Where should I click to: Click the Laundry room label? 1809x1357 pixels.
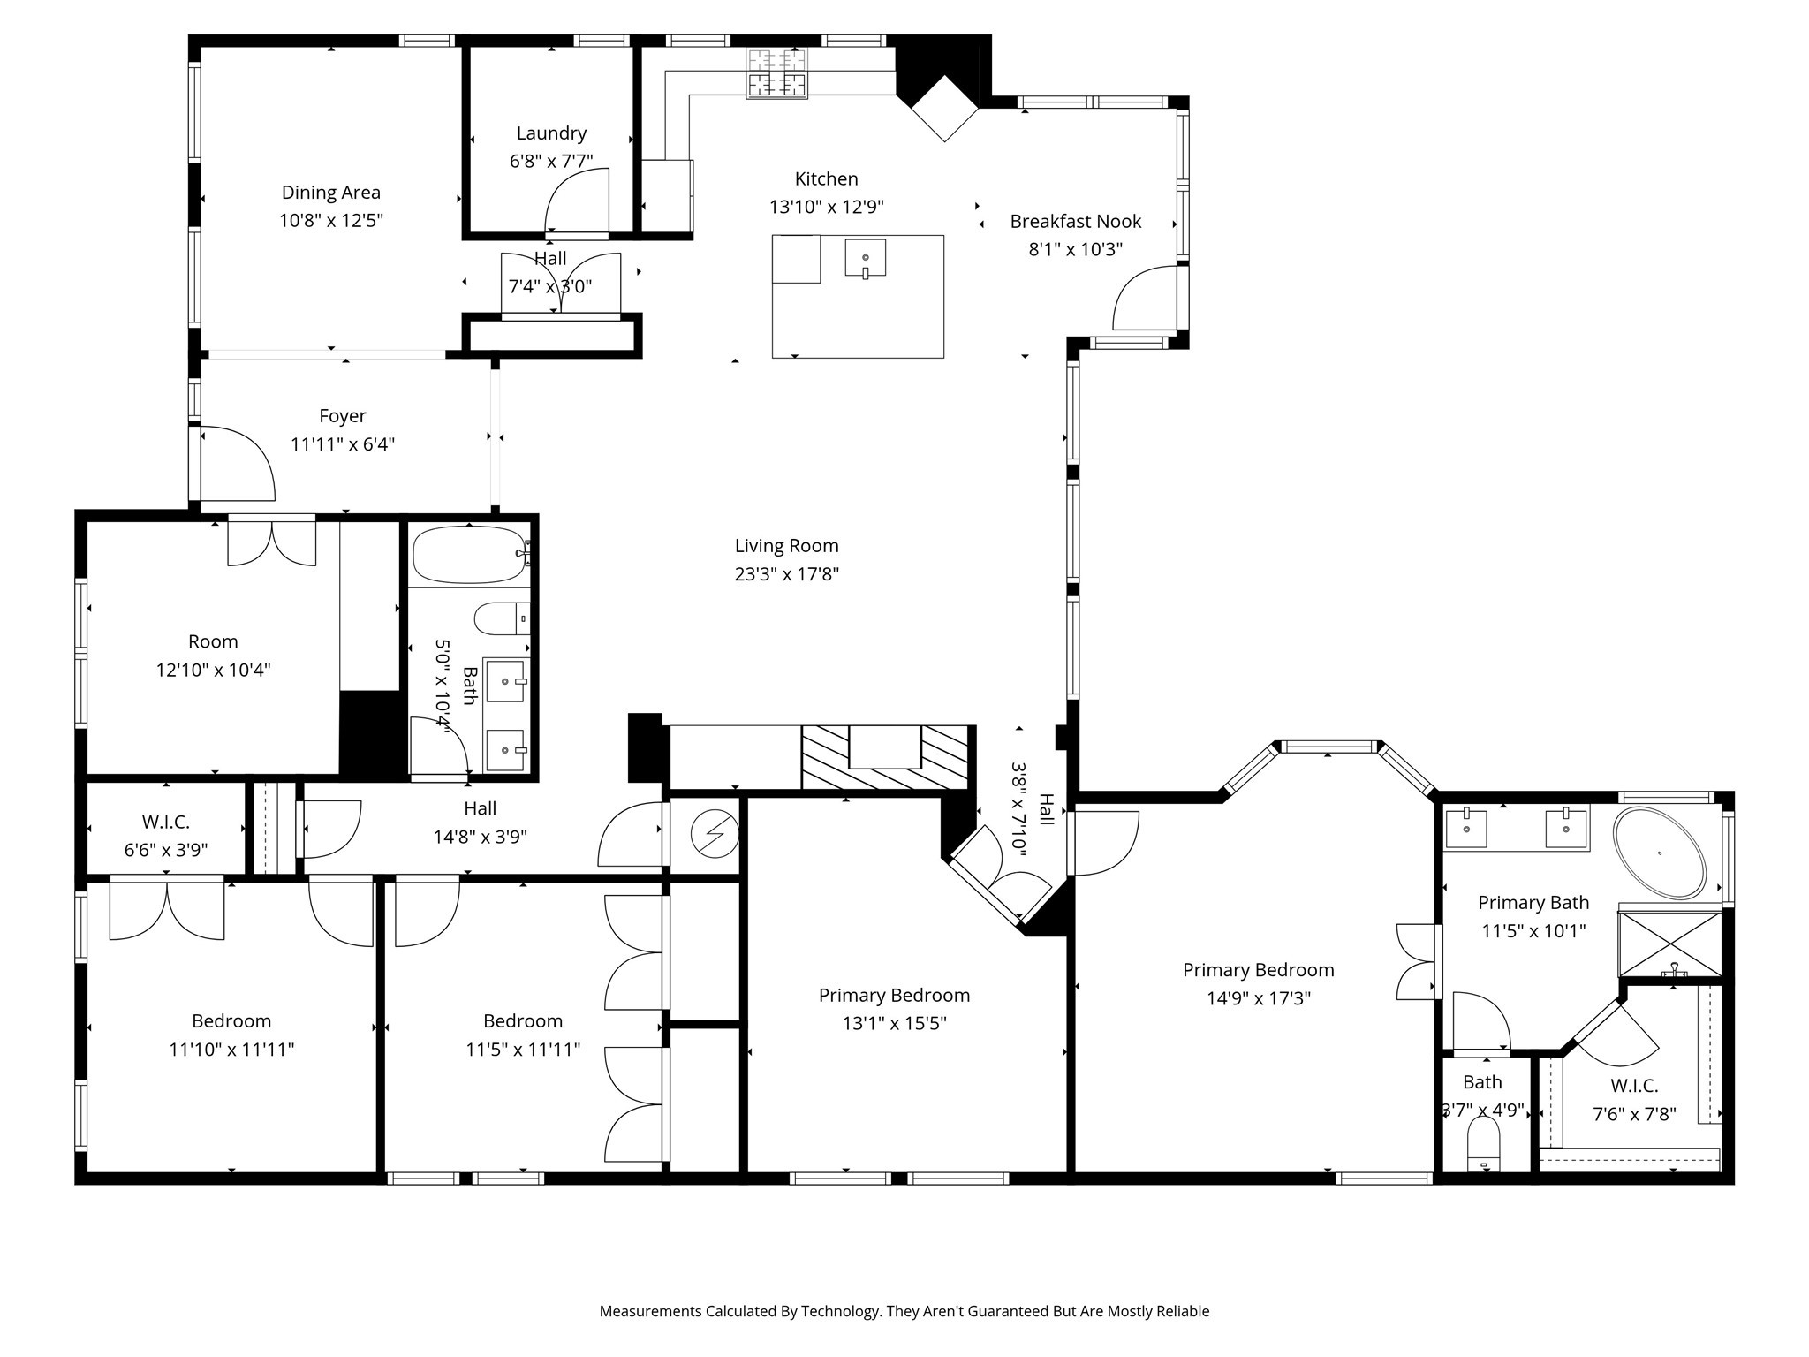[551, 133]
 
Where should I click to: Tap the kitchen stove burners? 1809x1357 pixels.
[776, 73]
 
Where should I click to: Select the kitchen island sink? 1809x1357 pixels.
[866, 258]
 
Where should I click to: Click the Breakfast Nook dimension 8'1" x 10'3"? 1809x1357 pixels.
[1075, 249]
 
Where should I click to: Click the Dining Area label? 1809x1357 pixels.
[330, 193]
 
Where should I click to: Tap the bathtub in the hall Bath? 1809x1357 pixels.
[469, 555]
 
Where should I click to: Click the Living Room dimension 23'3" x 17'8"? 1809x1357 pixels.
[786, 574]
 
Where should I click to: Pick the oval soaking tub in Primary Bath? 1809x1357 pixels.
[1659, 853]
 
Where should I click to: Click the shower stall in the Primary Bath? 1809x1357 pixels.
[1669, 944]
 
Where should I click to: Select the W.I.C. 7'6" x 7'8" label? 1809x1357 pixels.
[1634, 1086]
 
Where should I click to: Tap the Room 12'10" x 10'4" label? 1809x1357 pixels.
[213, 641]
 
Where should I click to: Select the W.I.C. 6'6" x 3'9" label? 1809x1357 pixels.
[165, 823]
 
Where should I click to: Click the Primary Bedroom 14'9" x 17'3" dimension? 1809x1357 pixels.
[1258, 998]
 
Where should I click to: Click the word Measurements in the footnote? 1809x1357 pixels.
[649, 1311]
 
